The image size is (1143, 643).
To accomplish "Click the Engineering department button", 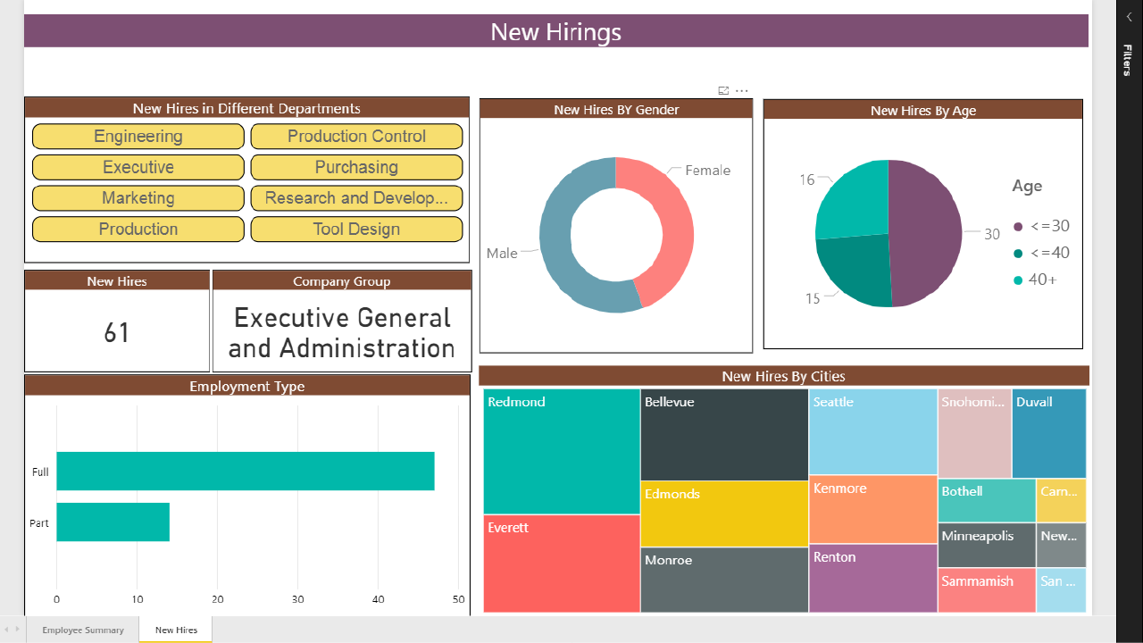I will [138, 137].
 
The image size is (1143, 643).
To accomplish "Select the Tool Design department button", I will [356, 230].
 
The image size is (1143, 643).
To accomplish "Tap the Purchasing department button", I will [356, 168].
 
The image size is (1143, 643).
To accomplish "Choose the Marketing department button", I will [138, 198].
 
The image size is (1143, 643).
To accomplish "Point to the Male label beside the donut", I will [502, 254].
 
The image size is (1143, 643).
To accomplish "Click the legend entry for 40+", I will [1036, 280].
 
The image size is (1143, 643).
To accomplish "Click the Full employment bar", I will [246, 472].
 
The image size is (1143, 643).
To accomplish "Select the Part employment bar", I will [113, 522].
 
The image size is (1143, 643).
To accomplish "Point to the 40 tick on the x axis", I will [379, 599].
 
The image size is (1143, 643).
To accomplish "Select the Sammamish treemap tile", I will [986, 589].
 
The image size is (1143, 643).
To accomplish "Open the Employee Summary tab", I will [83, 630].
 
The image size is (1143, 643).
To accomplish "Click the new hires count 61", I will [117, 333].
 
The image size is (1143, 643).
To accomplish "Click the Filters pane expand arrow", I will [1129, 16].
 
